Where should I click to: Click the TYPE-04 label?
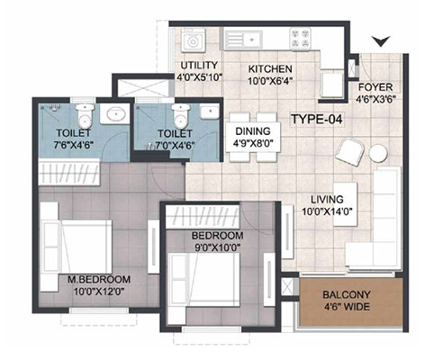click(x=317, y=119)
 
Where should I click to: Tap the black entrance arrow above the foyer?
click(x=381, y=40)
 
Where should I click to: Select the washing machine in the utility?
click(x=193, y=40)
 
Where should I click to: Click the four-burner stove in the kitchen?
click(x=301, y=38)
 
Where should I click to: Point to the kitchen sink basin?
click(x=253, y=40)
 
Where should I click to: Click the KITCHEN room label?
click(x=270, y=68)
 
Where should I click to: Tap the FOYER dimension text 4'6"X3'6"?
click(x=375, y=99)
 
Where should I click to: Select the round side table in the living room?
click(x=378, y=153)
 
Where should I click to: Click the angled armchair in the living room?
click(x=350, y=152)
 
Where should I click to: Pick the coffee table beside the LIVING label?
click(x=345, y=204)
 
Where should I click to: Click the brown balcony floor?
click(x=351, y=301)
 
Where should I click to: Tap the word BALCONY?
click(x=347, y=294)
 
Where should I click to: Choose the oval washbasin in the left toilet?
click(x=113, y=113)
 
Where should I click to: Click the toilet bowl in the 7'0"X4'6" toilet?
click(x=180, y=117)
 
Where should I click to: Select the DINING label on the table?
click(x=253, y=131)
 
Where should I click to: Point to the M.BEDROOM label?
click(x=99, y=280)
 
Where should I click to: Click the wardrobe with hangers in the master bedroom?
click(x=68, y=173)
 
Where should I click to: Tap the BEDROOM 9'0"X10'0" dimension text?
click(x=217, y=247)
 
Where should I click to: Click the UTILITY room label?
click(x=199, y=65)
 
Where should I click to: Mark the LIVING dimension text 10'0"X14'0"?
click(x=327, y=211)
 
